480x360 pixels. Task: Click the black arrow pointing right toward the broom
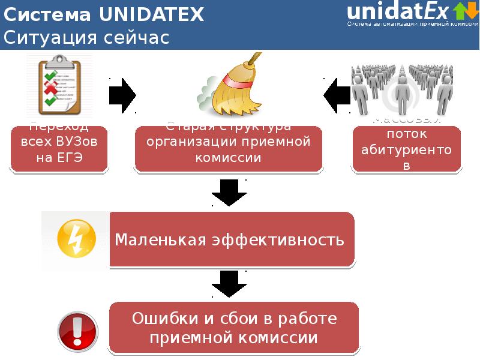click(123, 95)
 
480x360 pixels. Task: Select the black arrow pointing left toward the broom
click(337, 95)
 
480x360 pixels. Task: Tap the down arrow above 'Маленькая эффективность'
click(229, 191)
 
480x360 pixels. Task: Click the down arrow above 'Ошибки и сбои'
click(229, 283)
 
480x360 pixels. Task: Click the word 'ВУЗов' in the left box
click(77, 143)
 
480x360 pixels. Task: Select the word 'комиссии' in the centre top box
click(229, 158)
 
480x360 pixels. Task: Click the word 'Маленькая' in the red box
click(156, 241)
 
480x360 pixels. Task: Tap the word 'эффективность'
click(275, 241)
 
